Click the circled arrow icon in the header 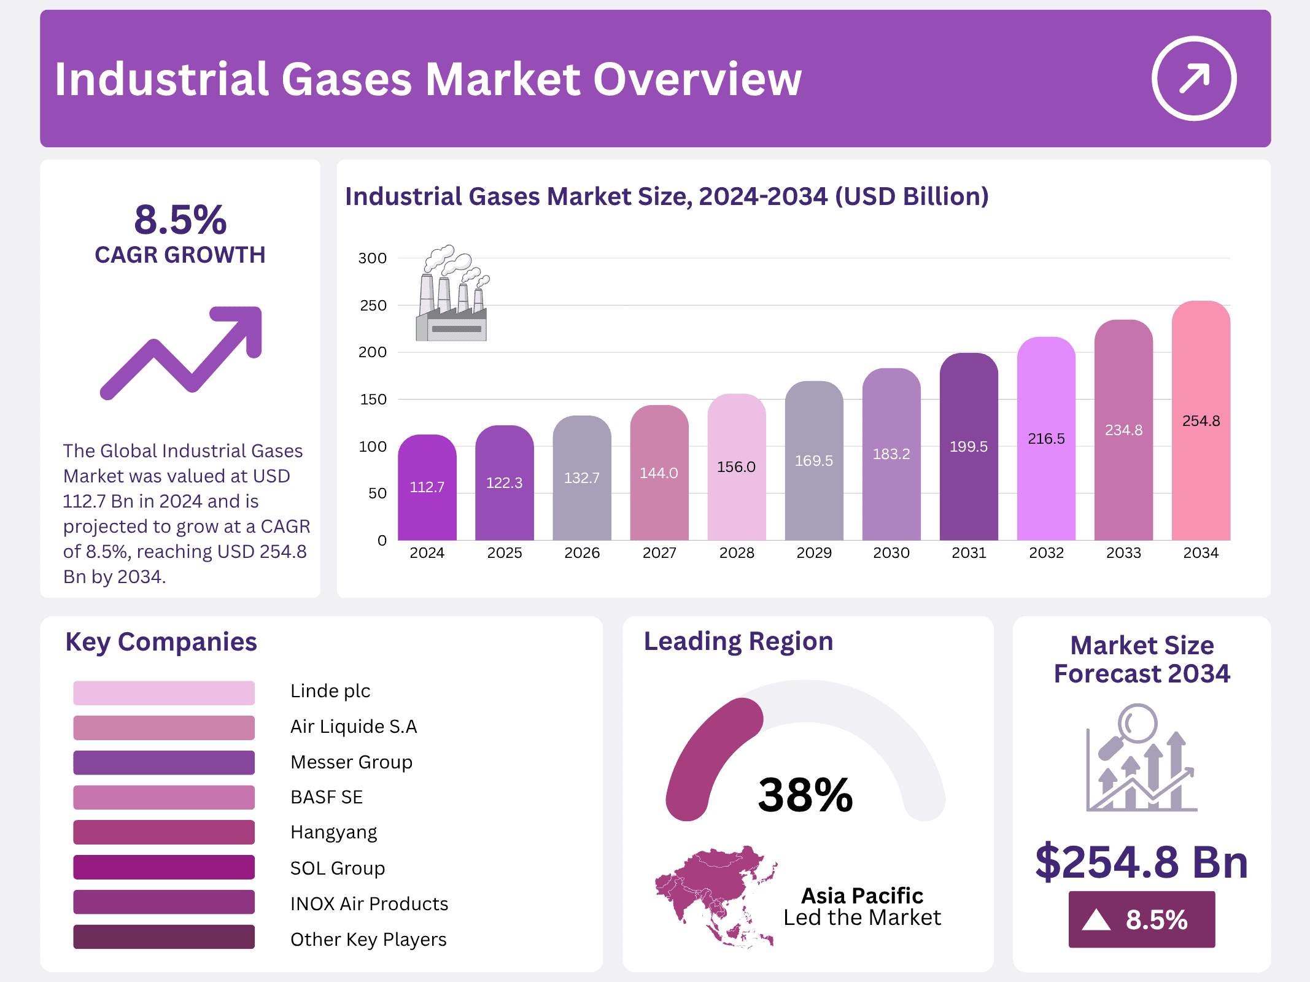1193,79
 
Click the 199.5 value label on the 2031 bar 968,447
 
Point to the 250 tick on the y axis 373,306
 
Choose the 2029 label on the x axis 813,553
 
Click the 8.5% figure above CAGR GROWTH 180,220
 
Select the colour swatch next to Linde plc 163,692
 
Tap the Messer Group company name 351,762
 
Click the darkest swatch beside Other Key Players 163,937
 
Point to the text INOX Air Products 369,904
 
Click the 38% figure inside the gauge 805,795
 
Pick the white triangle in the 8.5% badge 1096,920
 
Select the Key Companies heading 161,642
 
